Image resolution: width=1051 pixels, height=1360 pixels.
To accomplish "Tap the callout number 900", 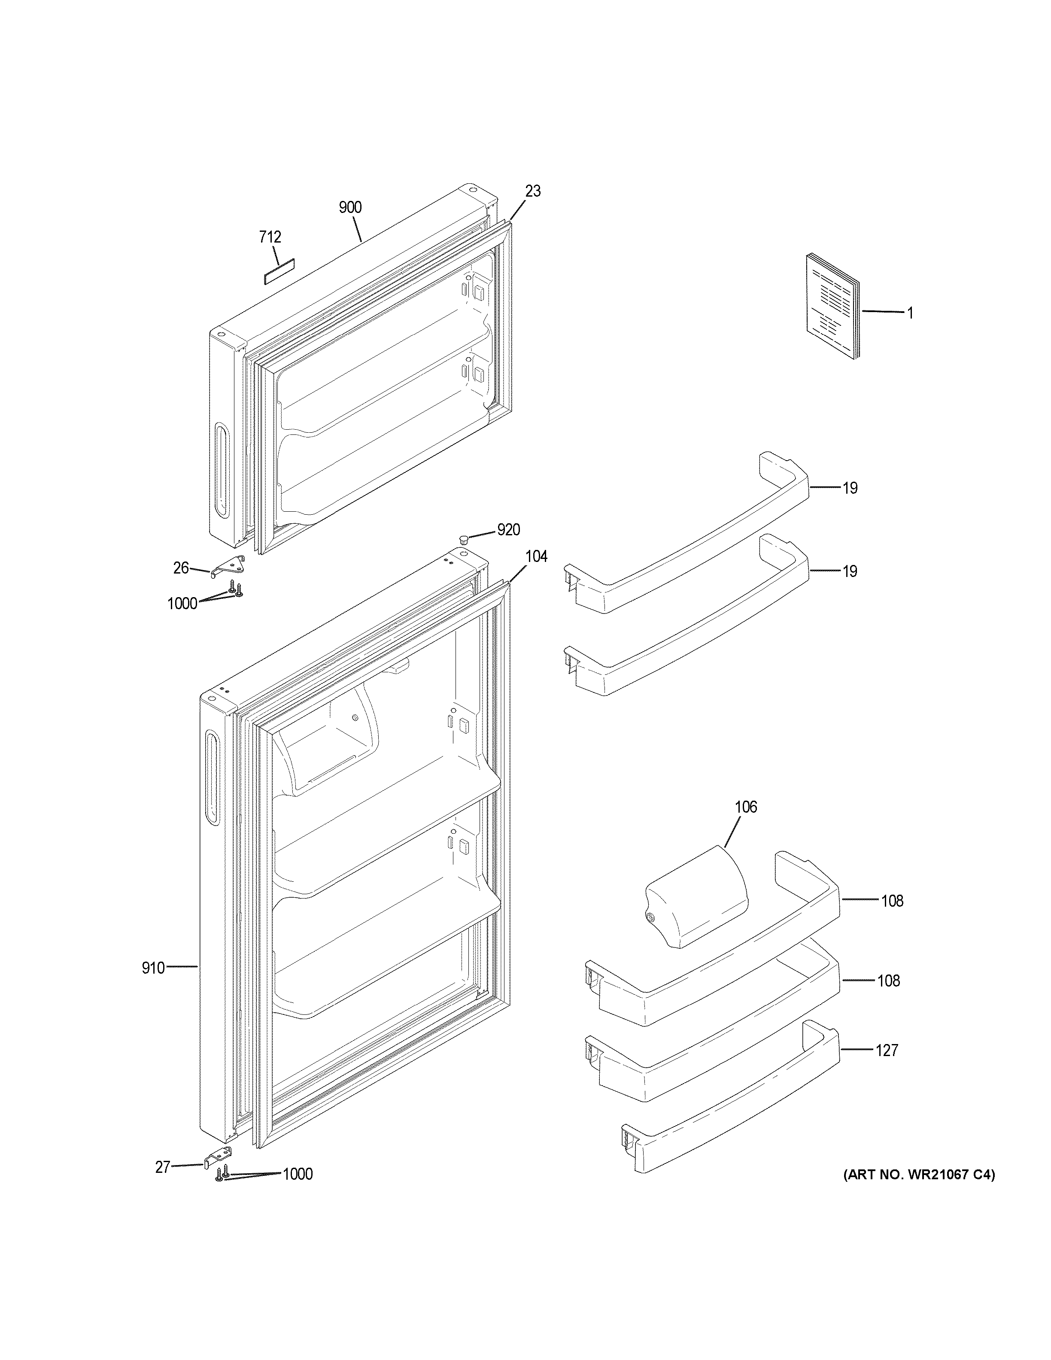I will (x=350, y=207).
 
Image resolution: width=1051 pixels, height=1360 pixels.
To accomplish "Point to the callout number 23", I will (x=533, y=191).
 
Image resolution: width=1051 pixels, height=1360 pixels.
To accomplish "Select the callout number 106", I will (x=746, y=807).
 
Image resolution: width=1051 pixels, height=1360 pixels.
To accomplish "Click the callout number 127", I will (x=887, y=1050).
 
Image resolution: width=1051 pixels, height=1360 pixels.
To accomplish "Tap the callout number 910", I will (x=153, y=968).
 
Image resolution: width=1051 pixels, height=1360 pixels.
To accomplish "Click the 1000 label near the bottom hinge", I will (x=298, y=1175).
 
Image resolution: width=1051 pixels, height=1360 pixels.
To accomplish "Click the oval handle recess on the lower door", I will (x=212, y=778).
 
